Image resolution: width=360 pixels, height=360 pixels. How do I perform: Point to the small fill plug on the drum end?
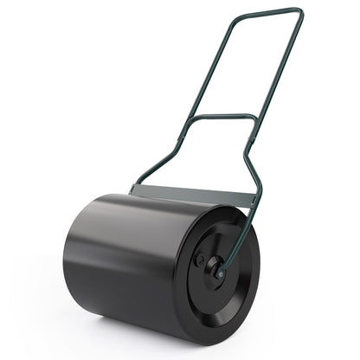[200, 258]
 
